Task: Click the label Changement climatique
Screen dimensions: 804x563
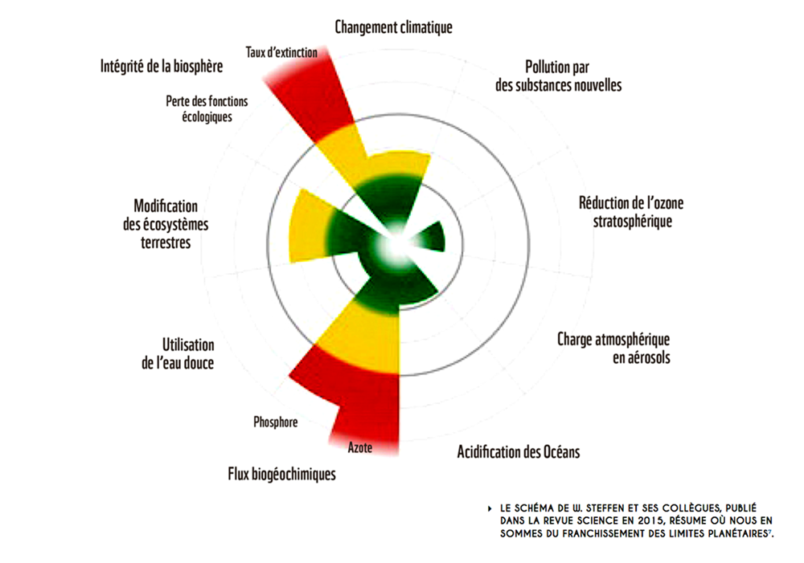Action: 393,27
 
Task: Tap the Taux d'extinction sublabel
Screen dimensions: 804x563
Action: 281,52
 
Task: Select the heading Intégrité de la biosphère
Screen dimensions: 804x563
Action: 162,66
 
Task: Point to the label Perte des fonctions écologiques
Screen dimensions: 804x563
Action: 207,108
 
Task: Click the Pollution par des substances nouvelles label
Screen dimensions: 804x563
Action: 559,75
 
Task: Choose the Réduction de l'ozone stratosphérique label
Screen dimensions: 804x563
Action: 631,211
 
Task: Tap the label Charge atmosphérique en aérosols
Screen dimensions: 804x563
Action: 613,348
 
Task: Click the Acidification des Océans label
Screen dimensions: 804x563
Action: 519,452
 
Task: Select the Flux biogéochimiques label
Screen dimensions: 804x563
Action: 281,474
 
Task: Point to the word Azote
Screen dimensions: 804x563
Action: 360,447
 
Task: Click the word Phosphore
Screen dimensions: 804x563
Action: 275,422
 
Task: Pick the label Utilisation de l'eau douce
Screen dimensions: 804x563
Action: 178,353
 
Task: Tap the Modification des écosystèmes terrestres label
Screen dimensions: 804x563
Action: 166,224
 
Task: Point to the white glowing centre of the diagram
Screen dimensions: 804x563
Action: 396,245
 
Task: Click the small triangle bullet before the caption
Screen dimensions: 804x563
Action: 490,508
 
